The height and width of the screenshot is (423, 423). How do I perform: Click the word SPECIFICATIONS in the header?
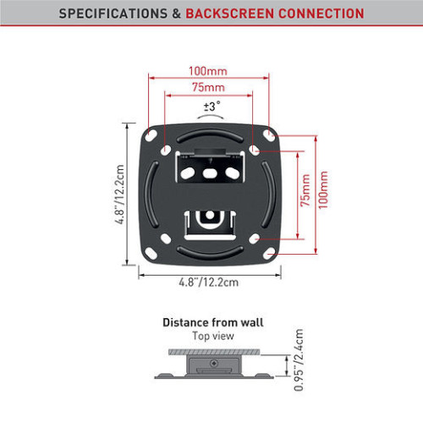click(113, 14)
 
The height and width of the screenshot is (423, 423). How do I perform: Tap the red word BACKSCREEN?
click(230, 14)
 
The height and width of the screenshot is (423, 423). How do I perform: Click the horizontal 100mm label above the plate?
click(208, 71)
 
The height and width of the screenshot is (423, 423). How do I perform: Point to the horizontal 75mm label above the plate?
click(208, 87)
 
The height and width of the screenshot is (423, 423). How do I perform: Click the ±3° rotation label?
click(212, 107)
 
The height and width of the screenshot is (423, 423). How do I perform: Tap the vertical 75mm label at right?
click(305, 190)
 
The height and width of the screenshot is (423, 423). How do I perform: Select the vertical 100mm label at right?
click(323, 190)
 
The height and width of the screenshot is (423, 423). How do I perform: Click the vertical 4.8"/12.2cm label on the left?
click(119, 195)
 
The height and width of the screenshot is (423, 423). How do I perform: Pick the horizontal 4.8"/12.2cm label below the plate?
click(209, 282)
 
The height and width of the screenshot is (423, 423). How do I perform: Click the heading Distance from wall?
click(213, 322)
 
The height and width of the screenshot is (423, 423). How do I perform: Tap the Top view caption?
click(213, 336)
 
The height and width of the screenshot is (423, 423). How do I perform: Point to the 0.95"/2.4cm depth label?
click(299, 360)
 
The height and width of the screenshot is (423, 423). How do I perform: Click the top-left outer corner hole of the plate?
click(151, 135)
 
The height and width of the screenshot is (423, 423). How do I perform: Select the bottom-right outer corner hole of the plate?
click(269, 254)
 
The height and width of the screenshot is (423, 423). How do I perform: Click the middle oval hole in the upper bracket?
click(210, 173)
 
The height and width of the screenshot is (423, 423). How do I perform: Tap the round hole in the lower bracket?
click(210, 215)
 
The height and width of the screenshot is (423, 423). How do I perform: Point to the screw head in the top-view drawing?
click(214, 363)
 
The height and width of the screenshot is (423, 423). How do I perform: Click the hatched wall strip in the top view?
click(214, 352)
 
